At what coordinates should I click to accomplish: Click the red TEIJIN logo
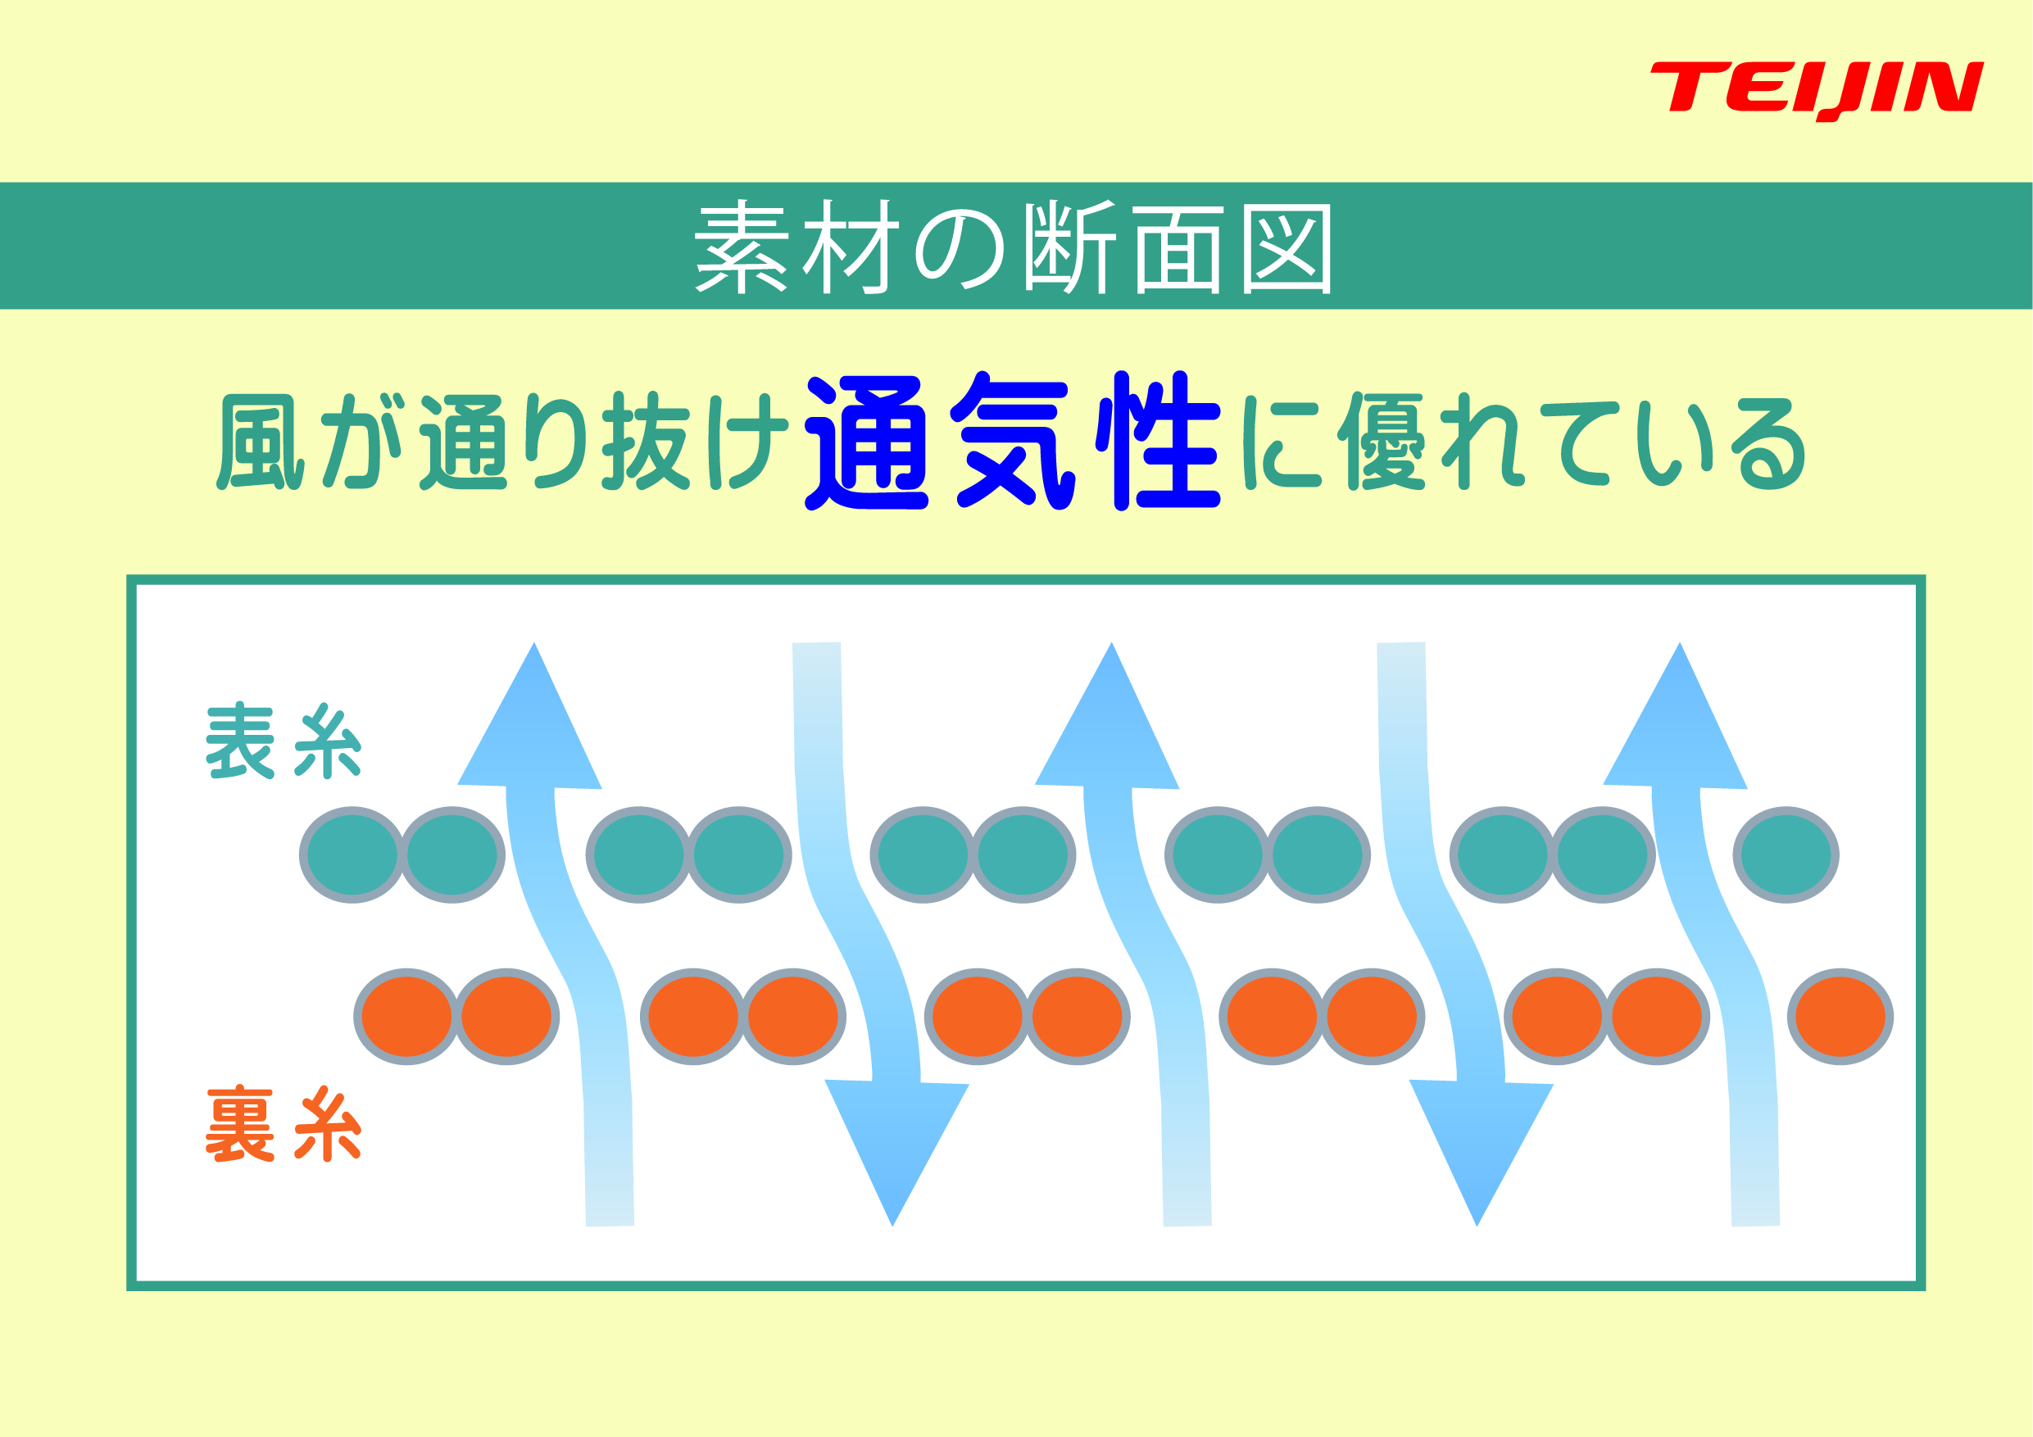1816,90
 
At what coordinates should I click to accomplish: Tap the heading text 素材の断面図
1014,247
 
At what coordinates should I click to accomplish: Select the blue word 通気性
1013,440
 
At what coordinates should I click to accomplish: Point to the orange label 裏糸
284,1123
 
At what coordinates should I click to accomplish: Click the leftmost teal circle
352,855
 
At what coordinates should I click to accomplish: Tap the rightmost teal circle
1786,855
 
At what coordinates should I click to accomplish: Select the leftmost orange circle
407,1017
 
